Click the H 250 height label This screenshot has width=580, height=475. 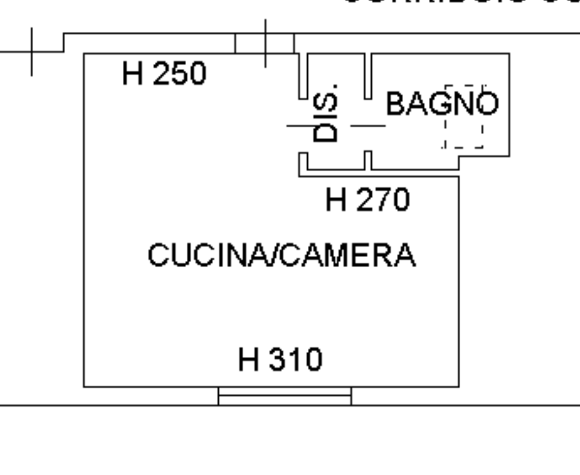(x=165, y=74)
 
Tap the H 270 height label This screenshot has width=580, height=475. (x=367, y=200)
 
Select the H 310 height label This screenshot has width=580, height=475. (x=280, y=360)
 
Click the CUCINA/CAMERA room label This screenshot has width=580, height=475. (x=281, y=255)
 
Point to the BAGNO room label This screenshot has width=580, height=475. (x=442, y=104)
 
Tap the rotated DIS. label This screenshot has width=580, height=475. (x=325, y=113)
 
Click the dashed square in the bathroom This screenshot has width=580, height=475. (x=464, y=117)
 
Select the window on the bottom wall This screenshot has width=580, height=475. (x=284, y=396)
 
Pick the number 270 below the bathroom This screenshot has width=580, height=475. (x=383, y=200)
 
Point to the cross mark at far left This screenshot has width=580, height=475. (x=32, y=52)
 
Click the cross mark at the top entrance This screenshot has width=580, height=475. (x=265, y=43)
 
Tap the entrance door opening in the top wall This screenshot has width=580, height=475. (x=264, y=44)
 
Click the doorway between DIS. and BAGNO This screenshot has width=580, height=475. (x=368, y=126)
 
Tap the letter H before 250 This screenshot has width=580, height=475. (x=133, y=74)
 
